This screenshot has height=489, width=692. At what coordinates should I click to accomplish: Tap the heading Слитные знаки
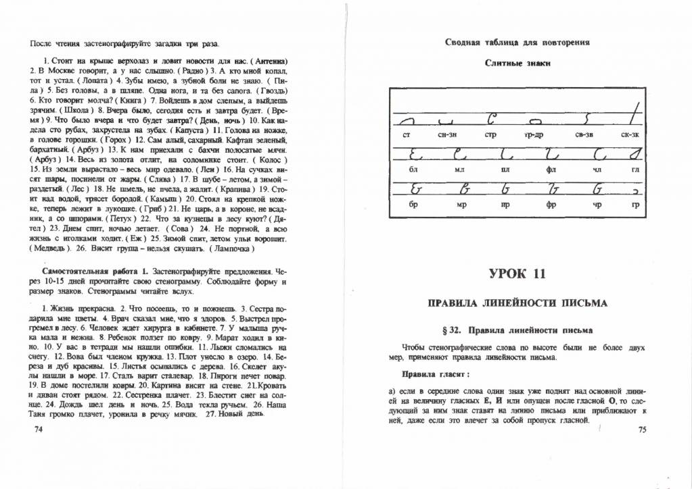pos(517,63)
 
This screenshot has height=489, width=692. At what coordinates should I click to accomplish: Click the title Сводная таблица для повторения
pos(517,42)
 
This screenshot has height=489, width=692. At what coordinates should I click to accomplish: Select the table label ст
pos(407,136)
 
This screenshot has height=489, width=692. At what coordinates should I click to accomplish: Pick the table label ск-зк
pos(630,136)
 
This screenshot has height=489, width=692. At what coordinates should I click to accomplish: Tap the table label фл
pos(551,170)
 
